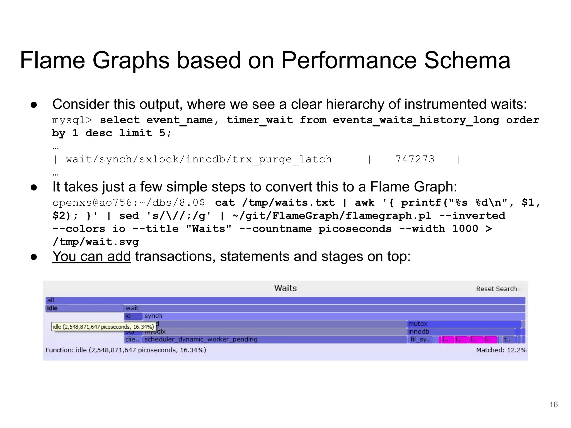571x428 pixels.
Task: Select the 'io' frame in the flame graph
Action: [133, 316]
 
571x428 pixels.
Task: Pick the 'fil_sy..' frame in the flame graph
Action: [420, 339]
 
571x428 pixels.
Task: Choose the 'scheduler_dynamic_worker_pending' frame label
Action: [201, 339]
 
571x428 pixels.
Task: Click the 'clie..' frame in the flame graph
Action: [132, 339]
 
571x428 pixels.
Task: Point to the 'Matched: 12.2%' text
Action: [501, 350]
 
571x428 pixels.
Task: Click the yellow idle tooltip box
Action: [103, 327]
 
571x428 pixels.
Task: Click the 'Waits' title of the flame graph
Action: [285, 288]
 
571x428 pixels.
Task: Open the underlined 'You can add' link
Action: [91, 256]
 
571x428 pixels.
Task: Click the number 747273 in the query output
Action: [415, 159]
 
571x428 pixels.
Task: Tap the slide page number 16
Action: [553, 405]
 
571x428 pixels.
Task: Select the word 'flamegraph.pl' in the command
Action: [389, 216]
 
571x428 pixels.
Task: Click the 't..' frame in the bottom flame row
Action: [507, 339]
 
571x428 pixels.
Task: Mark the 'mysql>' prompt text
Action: [72, 120]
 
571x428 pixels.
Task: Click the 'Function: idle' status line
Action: [125, 350]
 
